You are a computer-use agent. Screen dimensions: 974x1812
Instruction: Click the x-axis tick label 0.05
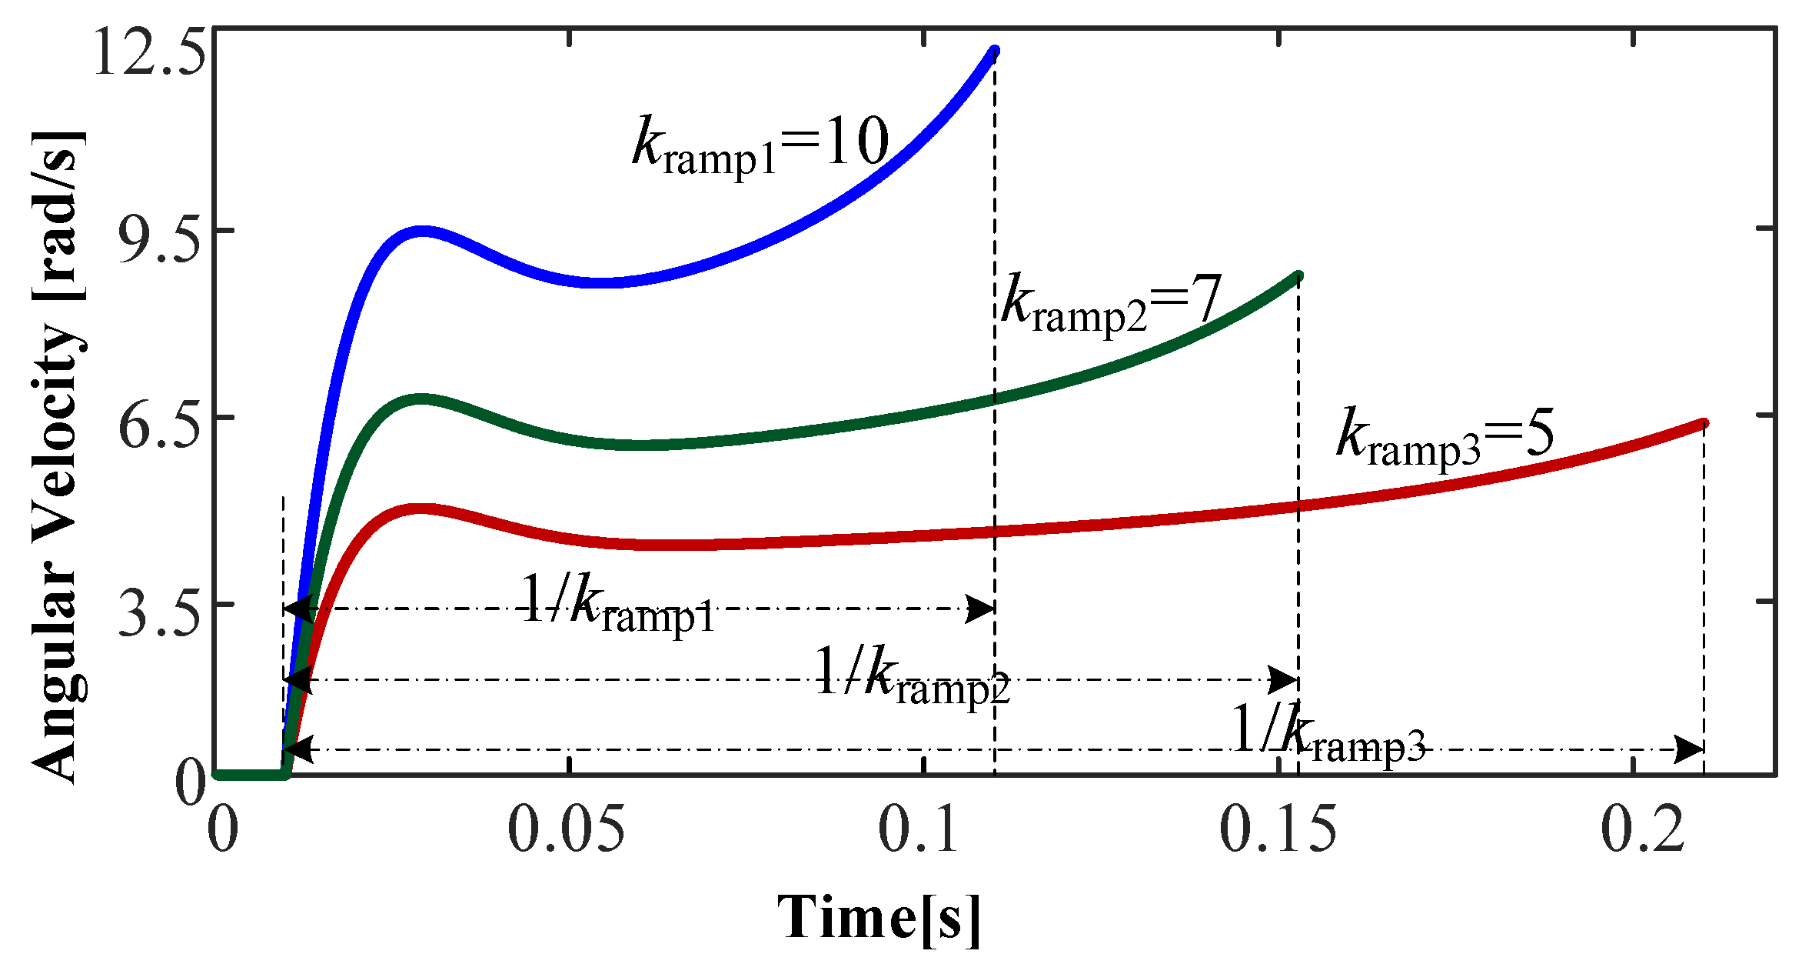(x=567, y=830)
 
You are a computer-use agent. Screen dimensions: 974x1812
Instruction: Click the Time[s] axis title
(x=879, y=918)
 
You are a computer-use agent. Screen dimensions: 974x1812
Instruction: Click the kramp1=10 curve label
(x=760, y=145)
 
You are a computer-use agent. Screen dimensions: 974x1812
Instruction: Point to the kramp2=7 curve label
(x=1110, y=302)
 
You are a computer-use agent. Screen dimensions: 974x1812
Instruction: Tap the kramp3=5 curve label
(x=1445, y=436)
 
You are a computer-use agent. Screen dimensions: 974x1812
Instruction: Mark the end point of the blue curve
(x=994, y=52)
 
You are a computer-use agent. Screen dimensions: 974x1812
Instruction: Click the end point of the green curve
(x=1298, y=276)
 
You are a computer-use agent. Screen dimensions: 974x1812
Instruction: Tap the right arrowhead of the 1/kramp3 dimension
(x=1691, y=749)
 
